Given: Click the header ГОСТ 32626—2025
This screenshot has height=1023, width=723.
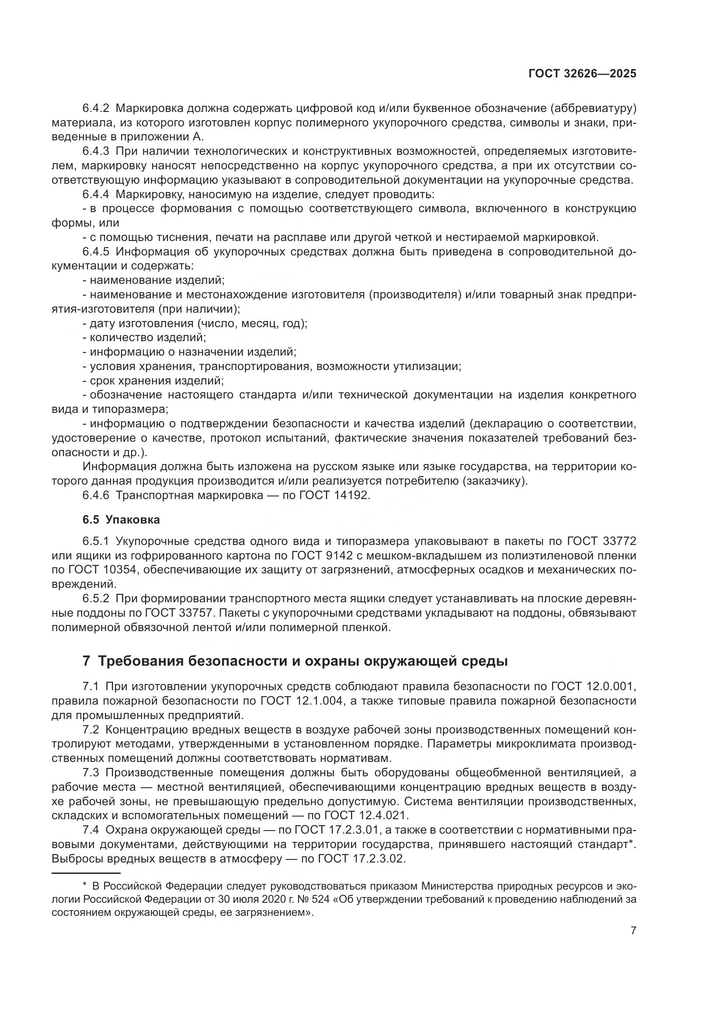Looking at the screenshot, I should pos(582,74).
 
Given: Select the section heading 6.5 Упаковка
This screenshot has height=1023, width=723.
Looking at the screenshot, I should pos(121,520).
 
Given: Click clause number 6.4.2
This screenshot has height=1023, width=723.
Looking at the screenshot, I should pos(96,108).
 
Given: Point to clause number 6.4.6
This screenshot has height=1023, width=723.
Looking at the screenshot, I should pos(96,496).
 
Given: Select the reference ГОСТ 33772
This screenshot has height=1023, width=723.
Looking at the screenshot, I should pos(602,541).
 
